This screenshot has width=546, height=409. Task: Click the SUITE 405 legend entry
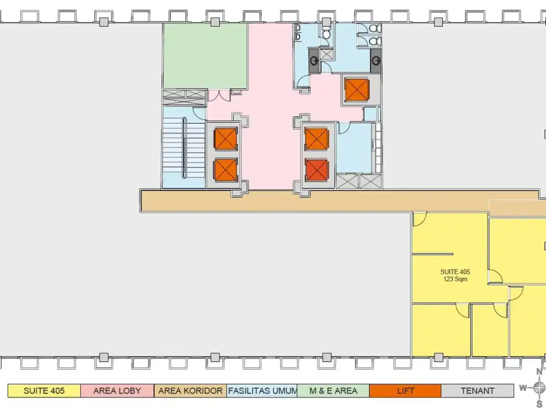[x=44, y=390]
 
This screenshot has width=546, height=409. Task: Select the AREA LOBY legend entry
[x=117, y=390]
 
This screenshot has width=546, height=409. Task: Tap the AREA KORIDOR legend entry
[x=190, y=390]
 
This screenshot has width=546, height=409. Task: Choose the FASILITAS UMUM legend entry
[x=262, y=390]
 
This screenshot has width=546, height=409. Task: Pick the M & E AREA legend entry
[x=333, y=390]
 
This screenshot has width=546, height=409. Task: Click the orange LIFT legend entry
[x=405, y=390]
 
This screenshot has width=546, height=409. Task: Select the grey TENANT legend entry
[x=477, y=390]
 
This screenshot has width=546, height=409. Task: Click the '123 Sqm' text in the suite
[x=455, y=279]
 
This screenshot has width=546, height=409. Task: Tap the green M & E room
[x=205, y=56]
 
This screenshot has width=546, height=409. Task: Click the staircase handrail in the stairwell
[x=184, y=148]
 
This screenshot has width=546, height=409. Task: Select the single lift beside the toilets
[x=357, y=90]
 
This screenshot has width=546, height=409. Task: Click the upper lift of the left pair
[x=225, y=139]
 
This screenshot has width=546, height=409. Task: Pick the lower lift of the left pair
[x=225, y=170]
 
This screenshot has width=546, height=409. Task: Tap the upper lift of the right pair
[x=317, y=139]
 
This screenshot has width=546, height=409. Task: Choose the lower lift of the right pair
[x=317, y=170]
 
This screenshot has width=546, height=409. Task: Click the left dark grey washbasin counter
[x=314, y=61]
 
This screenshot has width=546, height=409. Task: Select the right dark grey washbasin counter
[x=376, y=61]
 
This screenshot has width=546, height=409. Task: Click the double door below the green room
[x=219, y=95]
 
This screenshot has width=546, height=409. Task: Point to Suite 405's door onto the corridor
[x=420, y=219]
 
